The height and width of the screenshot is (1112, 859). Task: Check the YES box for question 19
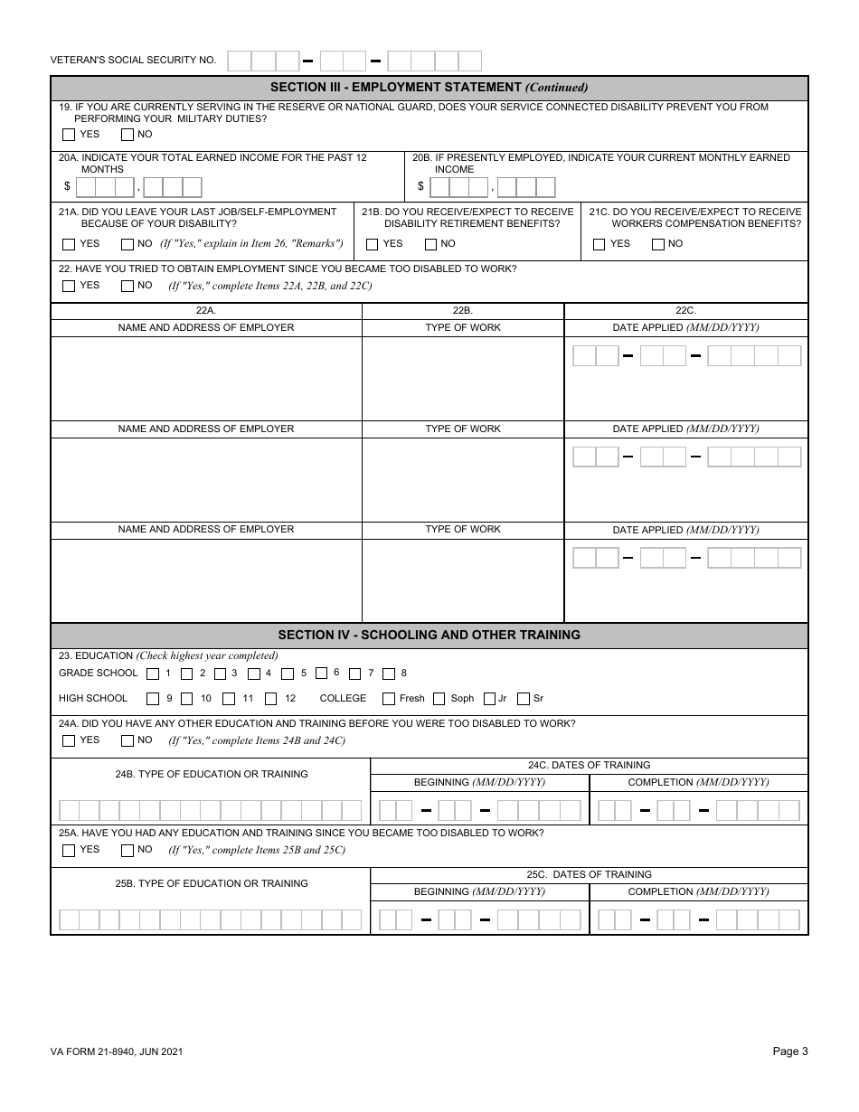click(x=69, y=135)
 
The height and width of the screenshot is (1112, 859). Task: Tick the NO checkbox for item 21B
click(x=430, y=244)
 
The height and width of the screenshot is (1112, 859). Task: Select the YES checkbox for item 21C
click(x=599, y=244)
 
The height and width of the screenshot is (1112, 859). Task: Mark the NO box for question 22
click(x=127, y=287)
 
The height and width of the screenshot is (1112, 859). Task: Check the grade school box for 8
click(x=389, y=674)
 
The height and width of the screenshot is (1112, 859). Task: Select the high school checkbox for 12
click(x=271, y=699)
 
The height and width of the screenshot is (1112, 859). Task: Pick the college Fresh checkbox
click(x=389, y=699)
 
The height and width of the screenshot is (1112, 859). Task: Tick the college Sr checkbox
click(x=524, y=699)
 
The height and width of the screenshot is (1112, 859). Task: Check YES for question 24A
click(x=69, y=741)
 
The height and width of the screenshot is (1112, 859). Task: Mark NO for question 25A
click(x=127, y=851)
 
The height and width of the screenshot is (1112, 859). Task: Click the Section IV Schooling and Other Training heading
click(x=429, y=635)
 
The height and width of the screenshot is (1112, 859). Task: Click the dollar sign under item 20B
click(x=420, y=187)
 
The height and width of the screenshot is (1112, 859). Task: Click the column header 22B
click(x=462, y=310)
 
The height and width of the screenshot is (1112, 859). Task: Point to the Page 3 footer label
click(x=790, y=1051)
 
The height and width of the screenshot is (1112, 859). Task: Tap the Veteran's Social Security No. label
click(x=133, y=61)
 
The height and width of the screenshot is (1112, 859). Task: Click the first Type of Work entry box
click(x=462, y=378)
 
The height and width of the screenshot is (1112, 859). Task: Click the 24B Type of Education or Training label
click(x=211, y=774)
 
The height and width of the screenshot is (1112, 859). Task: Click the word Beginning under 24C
click(x=442, y=782)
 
